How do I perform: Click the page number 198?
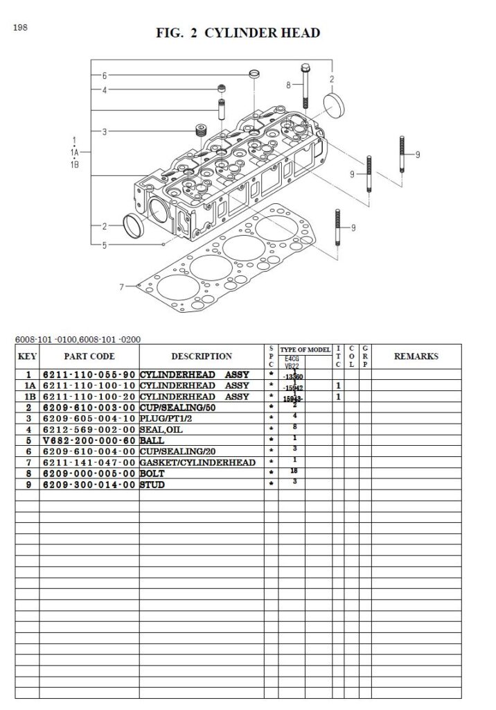pos(19,28)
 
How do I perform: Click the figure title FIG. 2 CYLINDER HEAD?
pos(238,33)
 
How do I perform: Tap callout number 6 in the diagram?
pos(105,76)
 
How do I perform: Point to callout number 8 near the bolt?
pos(288,85)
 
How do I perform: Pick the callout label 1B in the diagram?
pos(75,164)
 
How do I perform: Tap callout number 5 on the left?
pos(105,245)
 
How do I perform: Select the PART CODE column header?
pos(89,356)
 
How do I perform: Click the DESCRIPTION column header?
pos(202,356)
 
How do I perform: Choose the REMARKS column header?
pos(416,356)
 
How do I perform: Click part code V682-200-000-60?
pos(89,440)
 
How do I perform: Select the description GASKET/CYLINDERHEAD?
pos(197,462)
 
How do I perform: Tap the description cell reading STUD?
pos(153,485)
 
